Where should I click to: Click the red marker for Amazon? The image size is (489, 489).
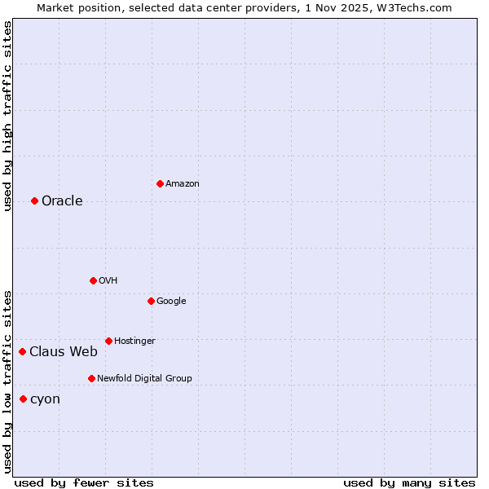click(160, 183)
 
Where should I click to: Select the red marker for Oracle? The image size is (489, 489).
click(34, 200)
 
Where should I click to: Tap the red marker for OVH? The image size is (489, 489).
click(93, 280)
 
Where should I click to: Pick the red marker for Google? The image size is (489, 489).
click(151, 301)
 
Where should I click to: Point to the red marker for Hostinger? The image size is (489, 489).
click(108, 341)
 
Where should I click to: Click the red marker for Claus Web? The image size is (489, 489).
click(22, 351)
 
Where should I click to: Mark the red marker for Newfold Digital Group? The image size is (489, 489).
click(91, 378)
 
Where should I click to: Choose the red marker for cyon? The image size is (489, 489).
click(23, 399)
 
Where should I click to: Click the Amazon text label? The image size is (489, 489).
click(183, 184)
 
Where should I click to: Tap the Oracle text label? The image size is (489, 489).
click(62, 201)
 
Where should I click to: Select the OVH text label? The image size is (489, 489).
click(108, 281)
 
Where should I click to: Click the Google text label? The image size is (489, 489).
click(171, 302)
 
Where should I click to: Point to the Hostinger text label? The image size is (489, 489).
click(134, 341)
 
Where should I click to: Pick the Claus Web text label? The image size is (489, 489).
click(64, 352)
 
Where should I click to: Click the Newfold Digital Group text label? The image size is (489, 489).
click(144, 379)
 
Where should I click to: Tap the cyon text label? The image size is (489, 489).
click(45, 399)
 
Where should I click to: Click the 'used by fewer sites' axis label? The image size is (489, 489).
click(84, 482)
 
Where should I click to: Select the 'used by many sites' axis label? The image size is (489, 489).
click(409, 482)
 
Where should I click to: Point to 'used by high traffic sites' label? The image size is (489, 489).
click(7, 116)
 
